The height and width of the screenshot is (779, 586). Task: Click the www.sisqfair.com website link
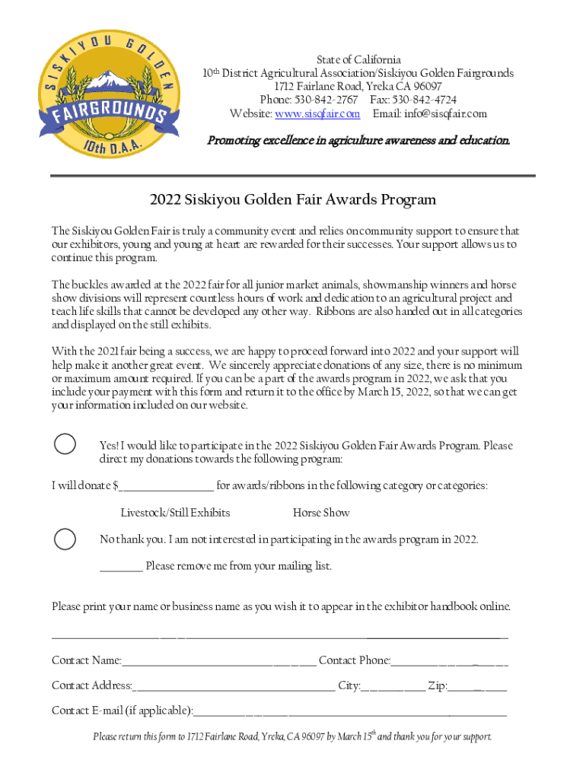click(x=317, y=113)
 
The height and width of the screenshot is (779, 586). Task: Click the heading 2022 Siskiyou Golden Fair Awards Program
click(x=293, y=200)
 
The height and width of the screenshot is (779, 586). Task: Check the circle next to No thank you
click(x=65, y=539)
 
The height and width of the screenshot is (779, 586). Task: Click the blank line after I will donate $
click(x=167, y=487)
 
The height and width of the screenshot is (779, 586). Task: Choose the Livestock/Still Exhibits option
click(x=175, y=513)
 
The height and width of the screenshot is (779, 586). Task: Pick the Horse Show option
click(x=321, y=513)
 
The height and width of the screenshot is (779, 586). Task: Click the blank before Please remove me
click(x=121, y=568)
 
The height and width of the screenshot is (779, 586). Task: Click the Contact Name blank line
click(x=219, y=662)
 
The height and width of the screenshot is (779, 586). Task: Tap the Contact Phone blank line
click(x=450, y=662)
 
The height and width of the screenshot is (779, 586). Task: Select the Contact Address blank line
click(x=234, y=687)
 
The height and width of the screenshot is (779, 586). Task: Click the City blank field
click(x=393, y=687)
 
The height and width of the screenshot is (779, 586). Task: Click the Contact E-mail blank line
click(x=350, y=712)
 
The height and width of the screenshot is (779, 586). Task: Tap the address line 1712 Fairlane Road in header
click(x=358, y=87)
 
